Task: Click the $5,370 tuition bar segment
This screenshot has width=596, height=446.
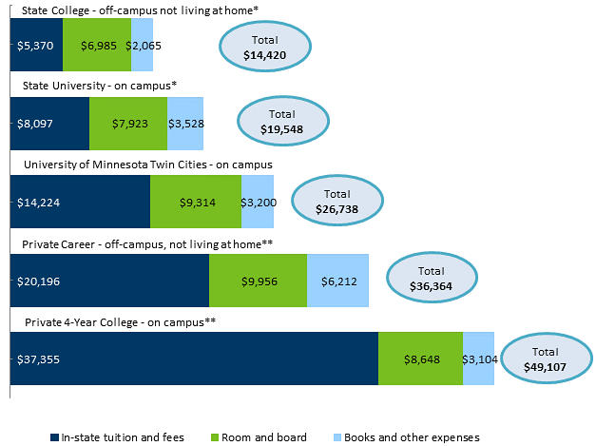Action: tap(36, 45)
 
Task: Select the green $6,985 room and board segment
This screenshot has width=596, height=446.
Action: tap(96, 45)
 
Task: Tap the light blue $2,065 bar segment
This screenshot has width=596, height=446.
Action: tap(142, 45)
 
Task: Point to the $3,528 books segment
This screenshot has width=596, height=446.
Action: tap(185, 123)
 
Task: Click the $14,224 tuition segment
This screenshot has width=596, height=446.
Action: tap(80, 202)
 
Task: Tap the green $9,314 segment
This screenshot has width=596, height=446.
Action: tap(196, 202)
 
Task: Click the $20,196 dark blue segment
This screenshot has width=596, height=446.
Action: tap(109, 281)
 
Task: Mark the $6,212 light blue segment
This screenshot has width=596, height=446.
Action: tap(337, 281)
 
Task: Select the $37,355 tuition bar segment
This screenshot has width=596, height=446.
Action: tap(194, 359)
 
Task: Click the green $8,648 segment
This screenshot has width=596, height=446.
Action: tap(420, 359)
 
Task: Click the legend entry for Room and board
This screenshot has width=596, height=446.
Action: tap(258, 437)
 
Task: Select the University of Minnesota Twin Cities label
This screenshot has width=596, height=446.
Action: tap(147, 164)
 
